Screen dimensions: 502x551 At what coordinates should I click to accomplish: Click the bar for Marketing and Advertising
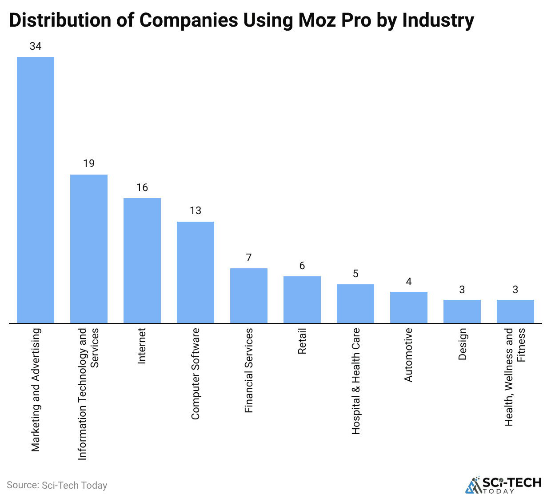pos(36,190)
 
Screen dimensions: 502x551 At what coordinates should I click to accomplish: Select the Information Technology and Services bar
pos(89,249)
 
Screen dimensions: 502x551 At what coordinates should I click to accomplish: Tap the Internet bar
pos(142,260)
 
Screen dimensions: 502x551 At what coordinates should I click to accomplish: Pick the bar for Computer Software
pos(196,272)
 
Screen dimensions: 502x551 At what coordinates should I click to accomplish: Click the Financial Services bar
pos(249,295)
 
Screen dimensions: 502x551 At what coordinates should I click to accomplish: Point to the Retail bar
pos(302,299)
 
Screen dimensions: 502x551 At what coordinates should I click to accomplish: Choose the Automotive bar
pos(409,307)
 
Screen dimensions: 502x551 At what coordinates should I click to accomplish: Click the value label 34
pos(36,46)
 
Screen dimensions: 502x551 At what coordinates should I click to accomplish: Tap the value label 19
pos(89,163)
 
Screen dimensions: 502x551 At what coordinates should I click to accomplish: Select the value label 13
pos(196,211)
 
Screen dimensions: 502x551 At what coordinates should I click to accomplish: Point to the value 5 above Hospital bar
pos(355,274)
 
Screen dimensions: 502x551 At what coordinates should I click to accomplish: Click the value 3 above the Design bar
pos(462,290)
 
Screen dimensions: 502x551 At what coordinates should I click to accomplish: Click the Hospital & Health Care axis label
pos(356,381)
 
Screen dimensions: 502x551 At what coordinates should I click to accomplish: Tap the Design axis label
pos(463,344)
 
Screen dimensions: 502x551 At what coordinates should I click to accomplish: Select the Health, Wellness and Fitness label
pos(515,377)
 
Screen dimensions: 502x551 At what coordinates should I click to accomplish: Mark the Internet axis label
pos(142,346)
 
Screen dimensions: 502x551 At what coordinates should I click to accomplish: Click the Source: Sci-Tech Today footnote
pos(57,485)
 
